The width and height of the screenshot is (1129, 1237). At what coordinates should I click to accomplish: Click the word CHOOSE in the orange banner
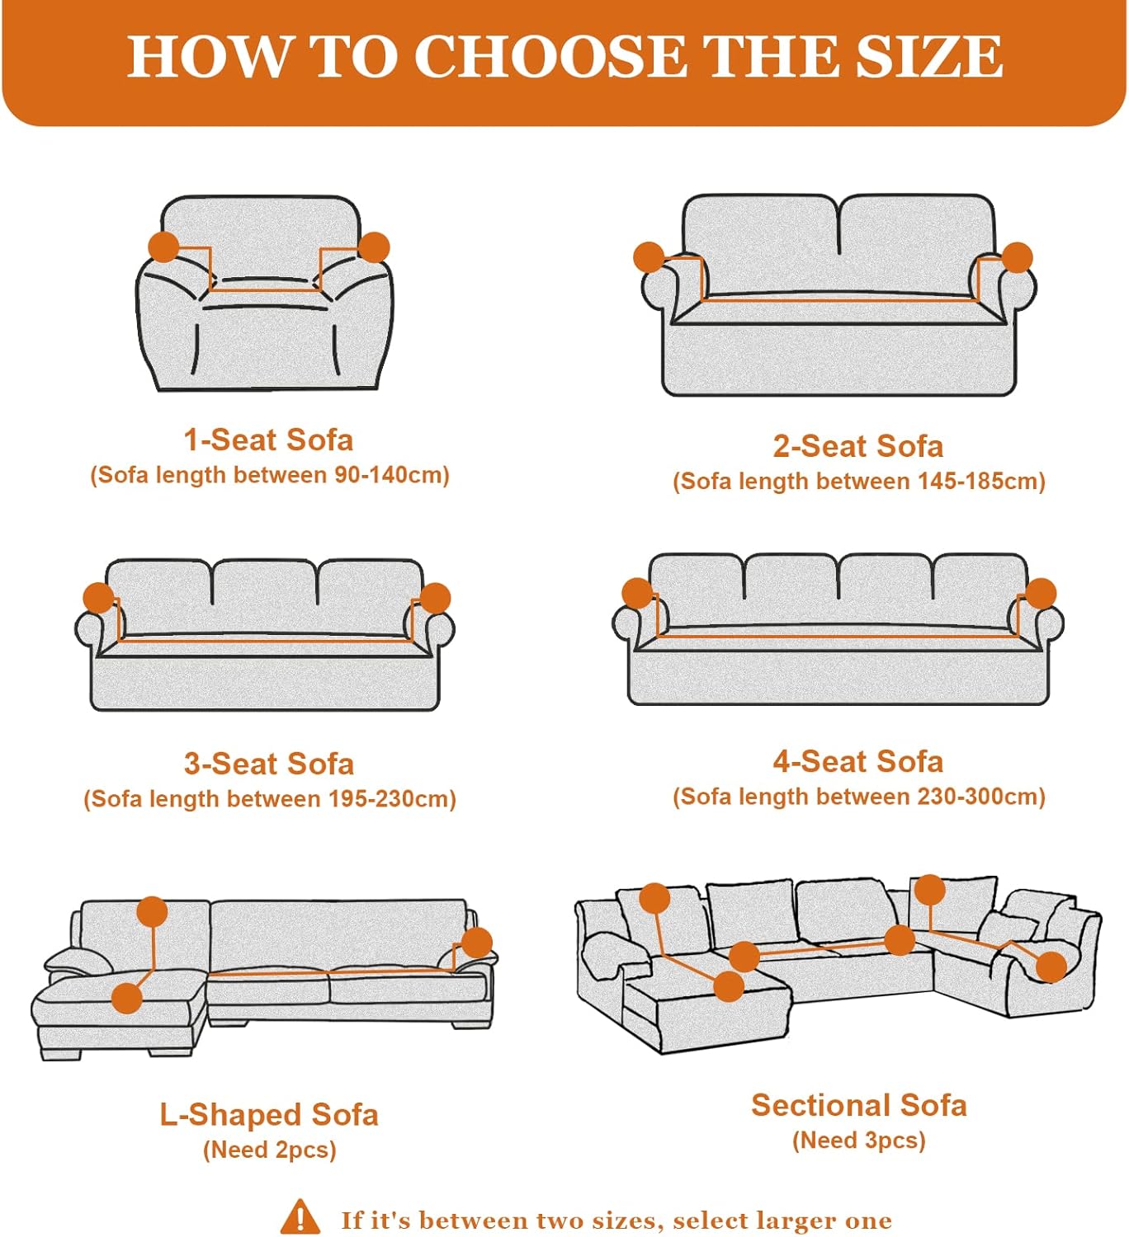click(550, 56)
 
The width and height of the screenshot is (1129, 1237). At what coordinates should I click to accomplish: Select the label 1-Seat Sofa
click(268, 440)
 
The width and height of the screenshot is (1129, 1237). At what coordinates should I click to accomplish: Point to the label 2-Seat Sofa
click(858, 446)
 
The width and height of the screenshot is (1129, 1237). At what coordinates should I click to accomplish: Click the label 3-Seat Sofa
click(268, 764)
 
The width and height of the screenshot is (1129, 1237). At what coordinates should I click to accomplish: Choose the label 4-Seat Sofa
click(858, 761)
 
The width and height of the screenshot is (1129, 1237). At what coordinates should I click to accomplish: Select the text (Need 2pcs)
click(270, 1150)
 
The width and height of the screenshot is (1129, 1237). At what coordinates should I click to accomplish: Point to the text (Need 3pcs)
click(858, 1141)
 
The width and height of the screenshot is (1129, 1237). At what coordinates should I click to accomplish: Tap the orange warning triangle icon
click(300, 1215)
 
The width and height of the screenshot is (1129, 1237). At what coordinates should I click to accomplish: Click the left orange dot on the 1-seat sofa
click(164, 247)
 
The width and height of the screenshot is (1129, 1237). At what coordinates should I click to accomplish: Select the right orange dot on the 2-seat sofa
click(1017, 257)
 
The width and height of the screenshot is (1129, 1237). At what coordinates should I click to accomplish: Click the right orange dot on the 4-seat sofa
click(1041, 593)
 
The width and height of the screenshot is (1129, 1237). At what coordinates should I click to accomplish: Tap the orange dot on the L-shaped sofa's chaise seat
click(127, 999)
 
